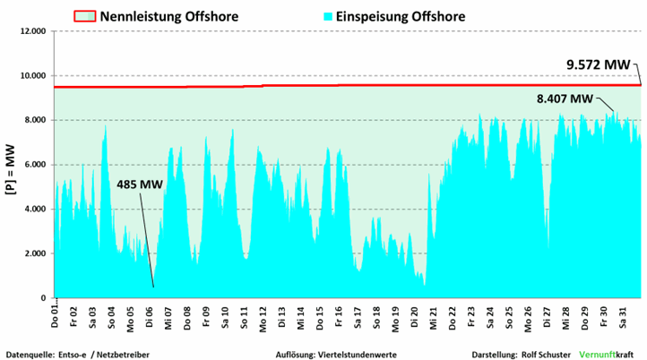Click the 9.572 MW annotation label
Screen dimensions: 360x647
pos(598,64)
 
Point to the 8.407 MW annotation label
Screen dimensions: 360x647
pos(565,99)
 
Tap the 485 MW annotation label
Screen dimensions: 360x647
pos(139,184)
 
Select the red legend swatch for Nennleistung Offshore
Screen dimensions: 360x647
pos(84,16)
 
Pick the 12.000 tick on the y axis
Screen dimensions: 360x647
pos(32,31)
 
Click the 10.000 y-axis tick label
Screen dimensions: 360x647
pos(32,76)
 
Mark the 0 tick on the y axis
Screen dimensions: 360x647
pos(45,298)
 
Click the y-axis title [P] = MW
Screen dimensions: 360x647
pos(11,164)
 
